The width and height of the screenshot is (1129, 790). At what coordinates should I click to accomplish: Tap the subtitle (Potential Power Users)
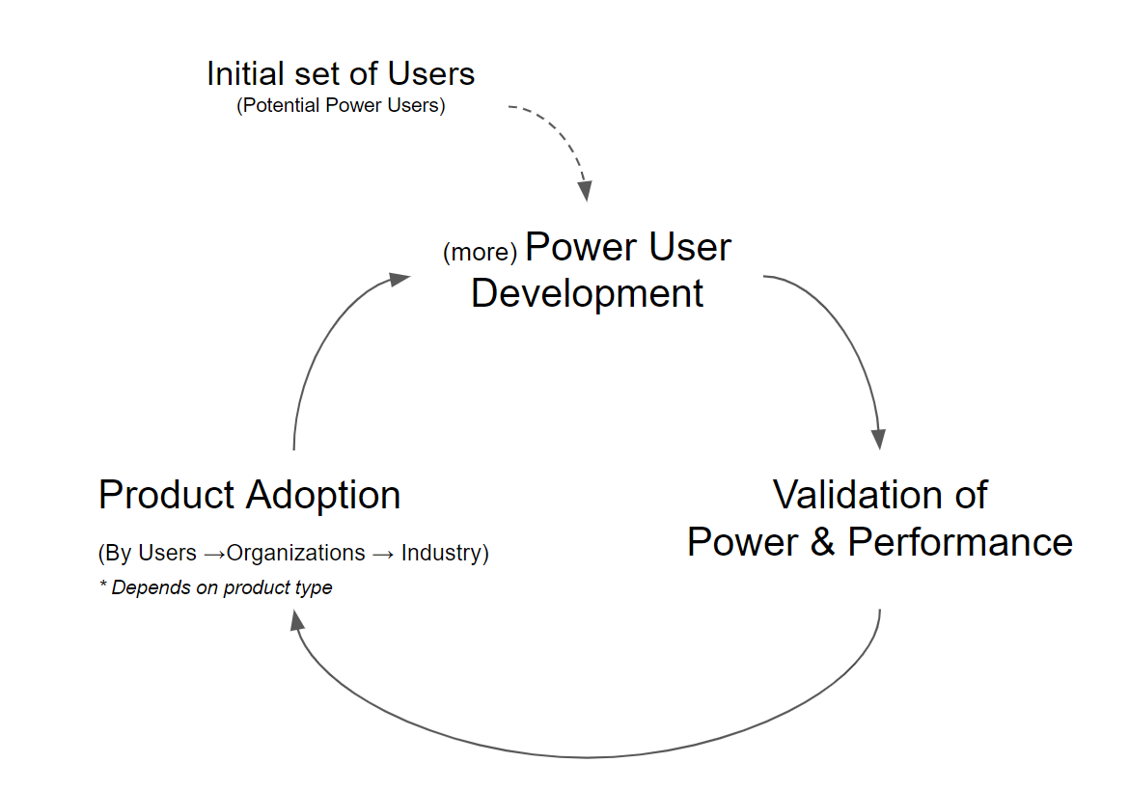click(x=341, y=105)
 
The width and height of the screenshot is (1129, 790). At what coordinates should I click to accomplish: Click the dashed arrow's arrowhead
click(x=586, y=191)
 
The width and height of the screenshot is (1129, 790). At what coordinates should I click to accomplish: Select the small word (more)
click(x=481, y=252)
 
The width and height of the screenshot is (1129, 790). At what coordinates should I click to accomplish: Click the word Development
click(x=587, y=293)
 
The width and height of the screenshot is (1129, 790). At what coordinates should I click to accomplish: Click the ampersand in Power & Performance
click(x=822, y=542)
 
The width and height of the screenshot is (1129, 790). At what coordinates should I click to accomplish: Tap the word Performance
click(x=960, y=542)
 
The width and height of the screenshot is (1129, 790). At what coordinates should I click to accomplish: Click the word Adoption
click(x=323, y=496)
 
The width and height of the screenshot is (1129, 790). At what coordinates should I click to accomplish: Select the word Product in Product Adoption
click(x=166, y=495)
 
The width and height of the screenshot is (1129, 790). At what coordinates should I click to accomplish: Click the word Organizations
click(x=296, y=553)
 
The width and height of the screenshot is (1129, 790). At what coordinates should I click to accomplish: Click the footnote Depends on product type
click(x=222, y=587)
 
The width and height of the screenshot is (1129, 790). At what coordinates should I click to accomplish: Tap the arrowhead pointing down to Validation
click(x=878, y=439)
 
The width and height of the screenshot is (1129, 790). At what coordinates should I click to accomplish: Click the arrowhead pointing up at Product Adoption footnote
click(x=296, y=620)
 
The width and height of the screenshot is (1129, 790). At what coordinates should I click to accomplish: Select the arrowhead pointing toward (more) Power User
click(x=399, y=279)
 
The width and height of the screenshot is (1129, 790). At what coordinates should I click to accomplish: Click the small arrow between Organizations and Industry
click(x=383, y=554)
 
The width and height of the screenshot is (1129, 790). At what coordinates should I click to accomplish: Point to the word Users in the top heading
click(x=431, y=73)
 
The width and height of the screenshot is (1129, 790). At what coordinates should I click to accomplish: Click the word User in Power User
click(x=690, y=247)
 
